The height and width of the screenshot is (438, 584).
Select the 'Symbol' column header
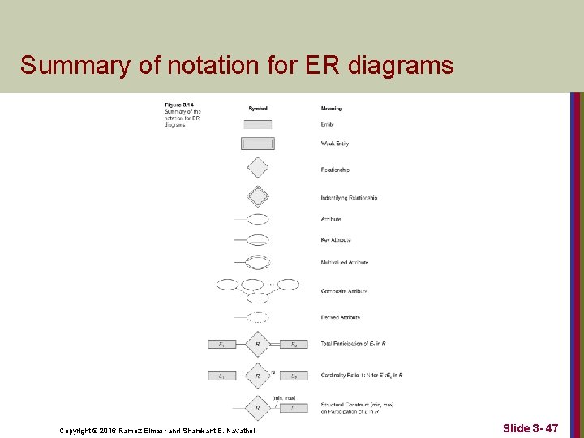pos(258,108)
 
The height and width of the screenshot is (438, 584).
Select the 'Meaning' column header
pos(331,108)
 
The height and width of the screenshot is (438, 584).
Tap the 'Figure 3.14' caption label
pos(178,104)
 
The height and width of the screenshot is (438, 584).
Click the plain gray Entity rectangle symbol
pos(258,124)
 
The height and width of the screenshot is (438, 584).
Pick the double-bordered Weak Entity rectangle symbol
pos(258,144)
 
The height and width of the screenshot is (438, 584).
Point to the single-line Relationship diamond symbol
pos(258,167)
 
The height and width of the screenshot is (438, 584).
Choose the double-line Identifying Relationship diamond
pos(258,196)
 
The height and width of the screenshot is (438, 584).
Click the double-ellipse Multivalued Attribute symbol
pos(258,262)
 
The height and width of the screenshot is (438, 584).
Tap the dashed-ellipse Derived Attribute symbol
pos(258,317)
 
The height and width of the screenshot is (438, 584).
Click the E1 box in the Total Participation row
pos(221,345)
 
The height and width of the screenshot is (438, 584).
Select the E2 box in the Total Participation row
pos(294,345)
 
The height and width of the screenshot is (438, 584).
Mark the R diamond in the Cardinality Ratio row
pos(258,376)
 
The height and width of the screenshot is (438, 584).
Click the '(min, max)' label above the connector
pos(284,397)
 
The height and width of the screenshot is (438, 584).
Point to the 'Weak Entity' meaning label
pos(336,144)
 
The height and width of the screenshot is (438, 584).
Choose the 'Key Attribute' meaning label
pos(337,240)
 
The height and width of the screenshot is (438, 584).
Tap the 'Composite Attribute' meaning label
pos(344,290)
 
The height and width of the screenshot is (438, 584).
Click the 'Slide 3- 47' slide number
pos(530,427)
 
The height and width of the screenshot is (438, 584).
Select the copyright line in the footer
pos(157,430)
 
